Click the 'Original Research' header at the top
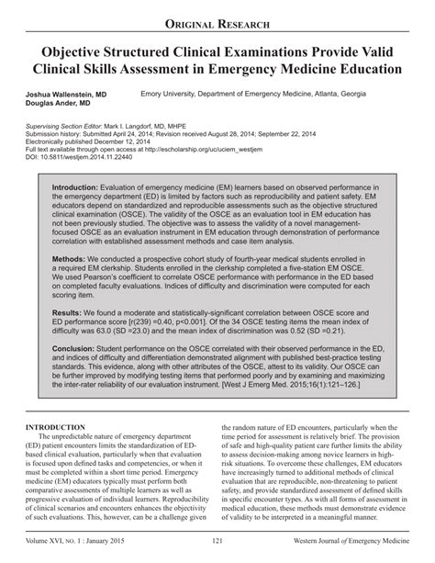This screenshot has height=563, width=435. point(217,21)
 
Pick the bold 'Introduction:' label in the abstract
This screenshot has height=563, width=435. point(79,186)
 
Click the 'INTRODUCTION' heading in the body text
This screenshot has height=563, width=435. point(56,428)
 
